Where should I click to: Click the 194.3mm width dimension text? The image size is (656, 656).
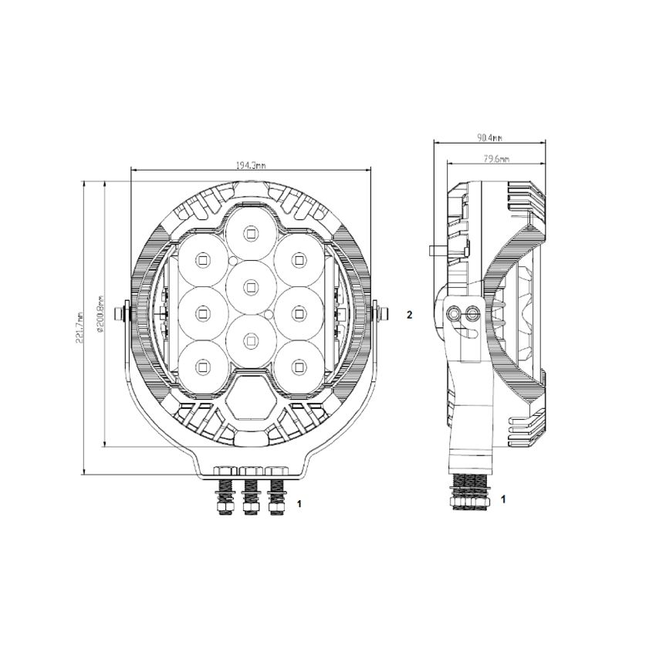point(250,165)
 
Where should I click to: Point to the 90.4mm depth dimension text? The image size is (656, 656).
point(489,138)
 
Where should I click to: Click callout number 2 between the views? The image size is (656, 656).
point(410,314)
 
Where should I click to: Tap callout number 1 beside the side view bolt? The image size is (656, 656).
point(503,499)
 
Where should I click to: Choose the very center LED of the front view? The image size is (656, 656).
point(250,286)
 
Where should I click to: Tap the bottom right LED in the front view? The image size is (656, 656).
point(297,365)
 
